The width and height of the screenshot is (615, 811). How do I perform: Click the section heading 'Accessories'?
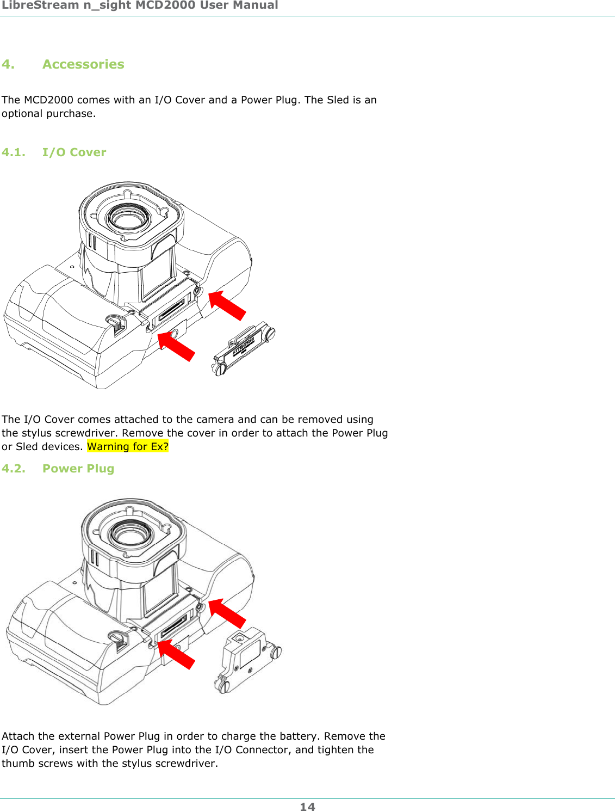click(83, 64)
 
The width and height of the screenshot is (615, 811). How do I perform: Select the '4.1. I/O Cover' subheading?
click(54, 152)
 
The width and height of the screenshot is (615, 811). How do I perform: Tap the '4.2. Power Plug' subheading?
click(58, 469)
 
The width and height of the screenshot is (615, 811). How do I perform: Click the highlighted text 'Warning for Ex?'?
click(128, 447)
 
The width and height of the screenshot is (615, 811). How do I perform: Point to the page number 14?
click(307, 807)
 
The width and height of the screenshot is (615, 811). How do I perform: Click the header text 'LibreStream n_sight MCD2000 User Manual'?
click(140, 5)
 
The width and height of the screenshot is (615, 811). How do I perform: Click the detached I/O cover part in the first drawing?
click(244, 348)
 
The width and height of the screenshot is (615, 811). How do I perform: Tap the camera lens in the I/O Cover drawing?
click(128, 218)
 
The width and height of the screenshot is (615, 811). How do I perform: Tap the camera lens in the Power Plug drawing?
click(131, 533)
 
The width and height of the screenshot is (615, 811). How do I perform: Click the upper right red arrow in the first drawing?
click(228, 305)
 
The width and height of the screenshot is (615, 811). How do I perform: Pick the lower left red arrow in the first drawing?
click(176, 346)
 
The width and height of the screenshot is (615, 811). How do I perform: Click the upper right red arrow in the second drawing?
click(228, 613)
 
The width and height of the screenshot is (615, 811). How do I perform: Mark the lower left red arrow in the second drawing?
click(176, 654)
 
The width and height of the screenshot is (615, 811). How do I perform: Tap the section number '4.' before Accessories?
click(8, 64)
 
